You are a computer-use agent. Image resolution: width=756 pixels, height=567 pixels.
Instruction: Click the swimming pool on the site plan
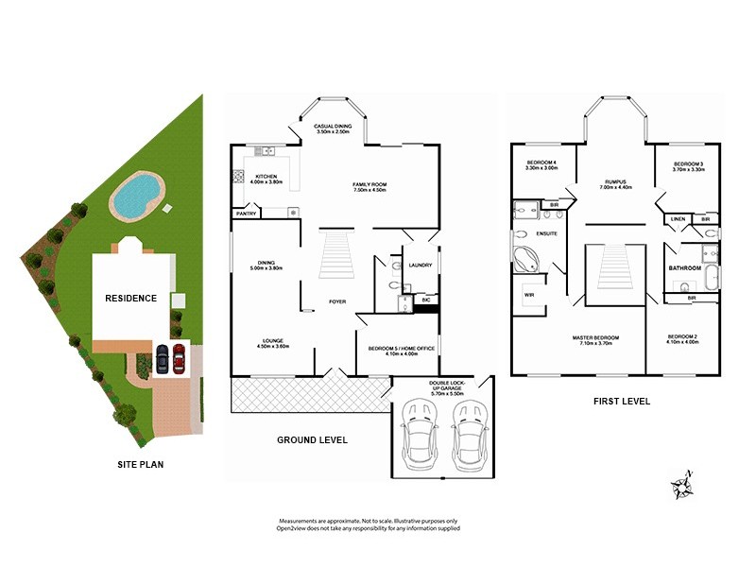click(x=135, y=195)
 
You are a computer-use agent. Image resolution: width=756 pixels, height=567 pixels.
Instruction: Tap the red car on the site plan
click(x=178, y=359)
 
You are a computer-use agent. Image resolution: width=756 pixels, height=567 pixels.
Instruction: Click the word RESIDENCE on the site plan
click(x=130, y=298)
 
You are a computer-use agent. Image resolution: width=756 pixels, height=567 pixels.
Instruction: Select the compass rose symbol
click(x=682, y=486)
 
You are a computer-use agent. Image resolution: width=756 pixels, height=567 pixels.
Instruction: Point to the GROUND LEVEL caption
click(x=312, y=439)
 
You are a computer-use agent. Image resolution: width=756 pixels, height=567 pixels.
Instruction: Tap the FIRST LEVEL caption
click(x=621, y=401)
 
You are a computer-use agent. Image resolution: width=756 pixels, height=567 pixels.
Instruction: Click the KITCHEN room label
click(x=266, y=177)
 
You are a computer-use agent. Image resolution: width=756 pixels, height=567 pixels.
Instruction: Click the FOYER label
click(x=335, y=302)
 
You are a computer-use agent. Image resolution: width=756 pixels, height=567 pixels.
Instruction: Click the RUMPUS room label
click(x=617, y=181)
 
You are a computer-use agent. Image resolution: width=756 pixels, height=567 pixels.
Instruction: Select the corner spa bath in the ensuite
click(x=526, y=257)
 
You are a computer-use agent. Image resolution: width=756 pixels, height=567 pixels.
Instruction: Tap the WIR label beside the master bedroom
click(x=529, y=295)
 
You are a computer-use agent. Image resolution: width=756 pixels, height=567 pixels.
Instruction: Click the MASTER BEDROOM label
click(x=595, y=337)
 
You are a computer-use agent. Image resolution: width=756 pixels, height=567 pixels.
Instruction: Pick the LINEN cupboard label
click(x=678, y=218)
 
